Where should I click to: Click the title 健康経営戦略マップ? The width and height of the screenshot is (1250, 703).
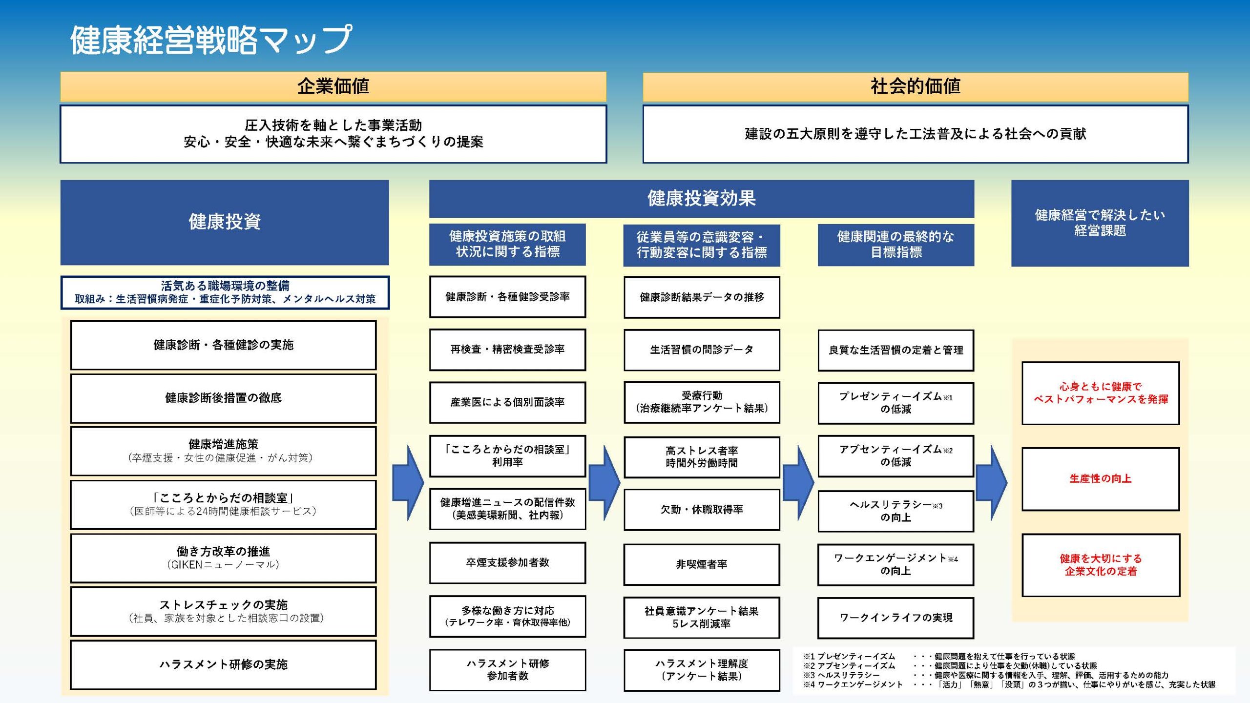click(211, 40)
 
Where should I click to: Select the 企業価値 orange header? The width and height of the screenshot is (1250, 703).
click(333, 86)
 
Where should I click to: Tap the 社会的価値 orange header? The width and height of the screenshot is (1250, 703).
click(915, 86)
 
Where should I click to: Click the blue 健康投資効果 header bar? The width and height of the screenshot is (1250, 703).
click(701, 198)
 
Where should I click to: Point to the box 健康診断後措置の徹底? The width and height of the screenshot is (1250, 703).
click(223, 398)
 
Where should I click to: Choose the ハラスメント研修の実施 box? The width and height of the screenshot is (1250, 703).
click(223, 664)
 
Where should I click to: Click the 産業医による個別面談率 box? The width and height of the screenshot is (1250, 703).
click(507, 402)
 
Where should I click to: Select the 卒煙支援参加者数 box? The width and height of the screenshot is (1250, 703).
click(507, 562)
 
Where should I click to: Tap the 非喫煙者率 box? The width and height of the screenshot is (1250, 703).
click(701, 564)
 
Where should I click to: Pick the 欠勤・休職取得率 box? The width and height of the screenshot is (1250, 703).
click(701, 510)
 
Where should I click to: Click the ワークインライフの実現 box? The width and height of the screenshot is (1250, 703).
click(896, 618)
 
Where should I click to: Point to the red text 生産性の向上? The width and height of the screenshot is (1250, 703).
click(1100, 479)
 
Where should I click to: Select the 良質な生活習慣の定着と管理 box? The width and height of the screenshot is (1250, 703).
click(896, 350)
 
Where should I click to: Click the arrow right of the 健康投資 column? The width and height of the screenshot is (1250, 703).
click(408, 482)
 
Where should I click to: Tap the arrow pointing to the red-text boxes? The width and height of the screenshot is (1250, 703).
click(991, 482)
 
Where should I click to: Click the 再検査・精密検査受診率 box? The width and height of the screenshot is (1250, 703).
click(507, 350)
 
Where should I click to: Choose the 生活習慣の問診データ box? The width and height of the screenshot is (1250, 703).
click(701, 350)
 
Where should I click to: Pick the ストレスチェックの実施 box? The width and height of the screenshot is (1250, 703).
click(223, 611)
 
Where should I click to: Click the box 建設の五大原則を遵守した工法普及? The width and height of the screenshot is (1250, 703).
click(915, 134)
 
